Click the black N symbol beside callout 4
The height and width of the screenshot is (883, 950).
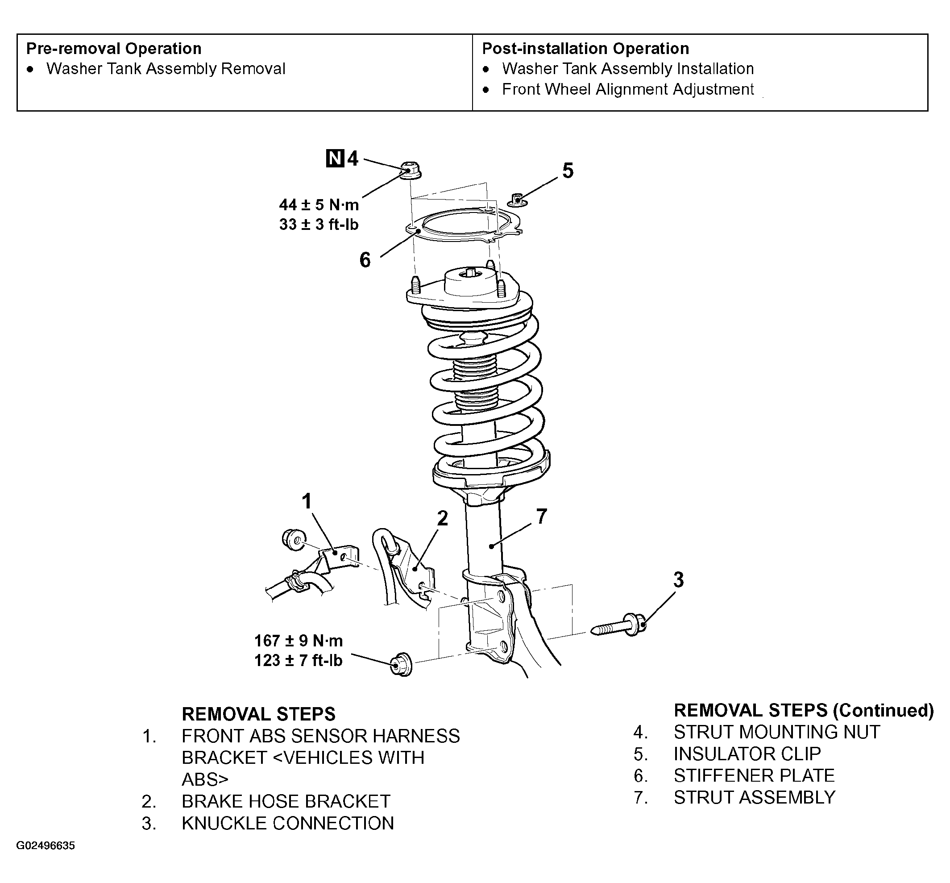335,158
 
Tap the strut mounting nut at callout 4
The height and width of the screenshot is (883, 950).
410,171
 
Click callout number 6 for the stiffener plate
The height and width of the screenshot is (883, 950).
365,260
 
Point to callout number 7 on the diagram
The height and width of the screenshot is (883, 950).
541,516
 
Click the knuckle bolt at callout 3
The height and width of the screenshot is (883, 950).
619,625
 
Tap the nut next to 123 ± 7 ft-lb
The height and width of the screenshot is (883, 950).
401,664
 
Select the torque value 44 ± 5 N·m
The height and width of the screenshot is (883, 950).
319,205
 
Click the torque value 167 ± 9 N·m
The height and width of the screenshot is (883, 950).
299,641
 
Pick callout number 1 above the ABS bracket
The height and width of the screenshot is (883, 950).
307,502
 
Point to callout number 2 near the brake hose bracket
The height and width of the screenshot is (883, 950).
443,518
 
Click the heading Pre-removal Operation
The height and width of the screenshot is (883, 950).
114,49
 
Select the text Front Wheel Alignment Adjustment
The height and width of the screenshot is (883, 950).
627,89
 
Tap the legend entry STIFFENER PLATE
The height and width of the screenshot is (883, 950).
754,775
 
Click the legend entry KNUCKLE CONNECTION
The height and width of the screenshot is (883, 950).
287,823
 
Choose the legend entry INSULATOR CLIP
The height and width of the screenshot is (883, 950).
747,754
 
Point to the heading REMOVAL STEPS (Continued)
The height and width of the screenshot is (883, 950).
803,711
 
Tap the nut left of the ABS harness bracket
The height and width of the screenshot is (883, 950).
294,539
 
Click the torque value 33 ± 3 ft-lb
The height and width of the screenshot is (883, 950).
319,225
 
